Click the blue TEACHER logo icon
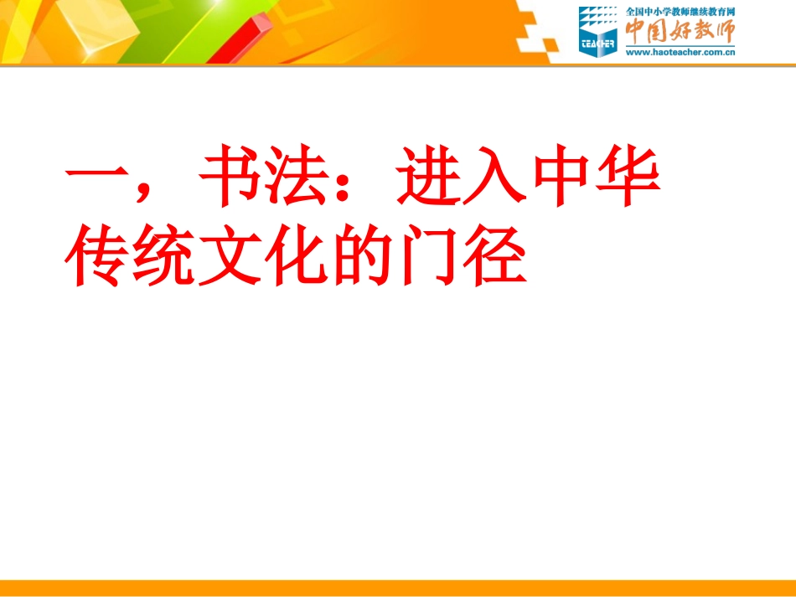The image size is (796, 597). pyautogui.click(x=597, y=32)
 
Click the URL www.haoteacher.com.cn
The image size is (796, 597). pyautogui.click(x=680, y=51)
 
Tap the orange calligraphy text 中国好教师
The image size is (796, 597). pyautogui.click(x=680, y=32)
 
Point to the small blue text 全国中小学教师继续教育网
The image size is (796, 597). pyautogui.click(x=680, y=12)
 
